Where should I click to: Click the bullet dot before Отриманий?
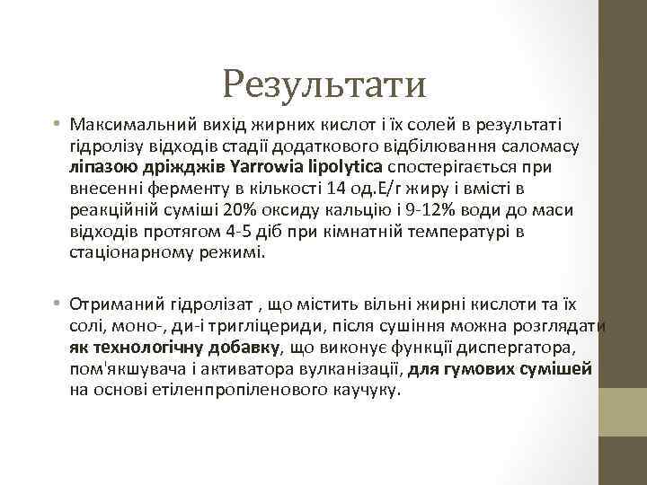point(56,302)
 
